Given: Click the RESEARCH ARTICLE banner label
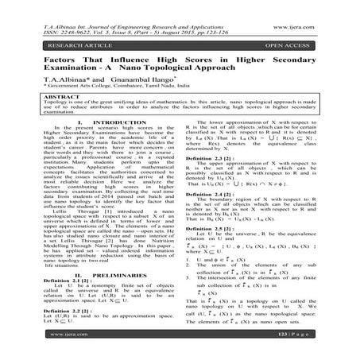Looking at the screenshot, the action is [48, 34].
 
